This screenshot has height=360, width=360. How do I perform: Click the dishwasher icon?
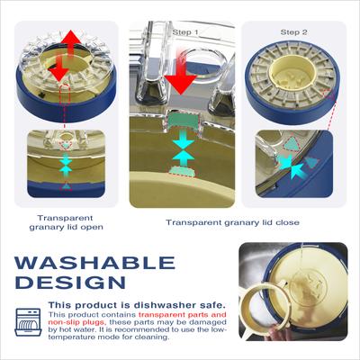[28, 322]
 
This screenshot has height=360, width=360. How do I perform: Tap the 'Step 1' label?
[185, 32]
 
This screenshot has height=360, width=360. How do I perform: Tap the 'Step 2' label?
[293, 32]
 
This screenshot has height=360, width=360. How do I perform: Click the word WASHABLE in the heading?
[94, 263]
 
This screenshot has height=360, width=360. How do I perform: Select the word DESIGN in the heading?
[70, 283]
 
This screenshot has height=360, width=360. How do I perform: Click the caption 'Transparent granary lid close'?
[232, 222]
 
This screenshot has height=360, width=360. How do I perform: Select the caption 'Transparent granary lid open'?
[66, 222]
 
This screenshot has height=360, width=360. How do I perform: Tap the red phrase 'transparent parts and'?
[183, 315]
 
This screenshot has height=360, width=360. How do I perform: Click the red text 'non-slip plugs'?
[76, 322]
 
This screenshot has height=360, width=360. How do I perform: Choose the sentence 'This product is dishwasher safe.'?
[137, 305]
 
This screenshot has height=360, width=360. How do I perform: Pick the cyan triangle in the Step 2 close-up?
[292, 144]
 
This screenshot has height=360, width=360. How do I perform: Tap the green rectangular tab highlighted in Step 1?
[184, 121]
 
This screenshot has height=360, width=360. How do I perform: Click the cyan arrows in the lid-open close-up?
[66, 166]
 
